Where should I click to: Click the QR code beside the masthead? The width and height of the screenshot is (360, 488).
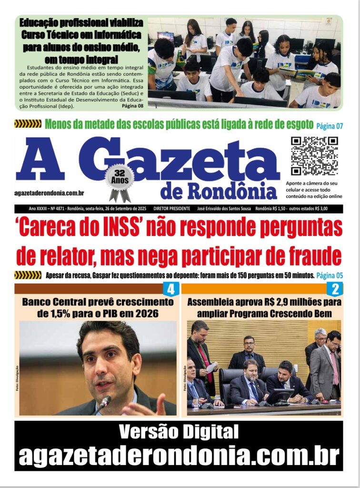[x=314, y=156]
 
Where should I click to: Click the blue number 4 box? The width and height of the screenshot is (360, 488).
[x=170, y=289]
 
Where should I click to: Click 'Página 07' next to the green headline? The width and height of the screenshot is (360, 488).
[x=330, y=126]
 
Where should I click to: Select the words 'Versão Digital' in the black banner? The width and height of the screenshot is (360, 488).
[x=179, y=432]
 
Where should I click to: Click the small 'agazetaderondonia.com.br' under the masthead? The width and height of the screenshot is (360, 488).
[x=50, y=193]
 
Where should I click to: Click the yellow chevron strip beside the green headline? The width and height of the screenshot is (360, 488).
[x=28, y=124]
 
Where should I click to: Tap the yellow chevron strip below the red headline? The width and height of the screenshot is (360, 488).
[x=28, y=275]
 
